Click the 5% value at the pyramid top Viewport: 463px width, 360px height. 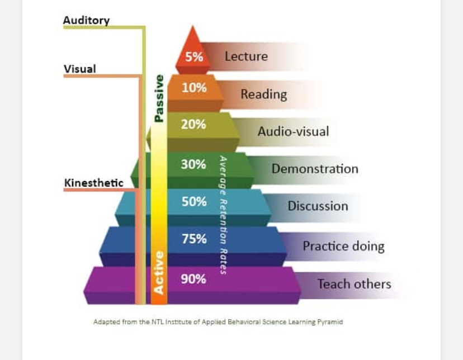[x=194, y=56]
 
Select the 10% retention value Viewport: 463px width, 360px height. [x=194, y=88]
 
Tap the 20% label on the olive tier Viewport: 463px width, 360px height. [x=193, y=124]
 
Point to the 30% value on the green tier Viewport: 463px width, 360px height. [x=193, y=164]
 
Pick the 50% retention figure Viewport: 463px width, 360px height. [x=193, y=201]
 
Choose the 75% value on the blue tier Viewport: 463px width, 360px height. [x=193, y=239]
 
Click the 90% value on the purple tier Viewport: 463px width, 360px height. [x=193, y=278]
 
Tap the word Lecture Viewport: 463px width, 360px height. [x=246, y=56]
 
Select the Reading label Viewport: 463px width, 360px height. [x=263, y=94]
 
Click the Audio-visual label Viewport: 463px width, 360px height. [x=293, y=132]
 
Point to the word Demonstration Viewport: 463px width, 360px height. [x=315, y=168]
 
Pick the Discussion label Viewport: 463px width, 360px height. [x=318, y=206]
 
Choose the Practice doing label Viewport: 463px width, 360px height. [x=343, y=246]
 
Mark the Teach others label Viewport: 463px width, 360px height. [x=354, y=284]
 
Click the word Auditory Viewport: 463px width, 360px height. [x=86, y=20]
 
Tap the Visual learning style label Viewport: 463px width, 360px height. [x=80, y=69]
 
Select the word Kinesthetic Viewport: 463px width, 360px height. [x=94, y=183]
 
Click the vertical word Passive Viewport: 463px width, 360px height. [x=159, y=98]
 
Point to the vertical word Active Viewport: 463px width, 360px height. [x=159, y=272]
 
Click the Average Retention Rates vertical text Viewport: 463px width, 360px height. [x=223, y=215]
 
